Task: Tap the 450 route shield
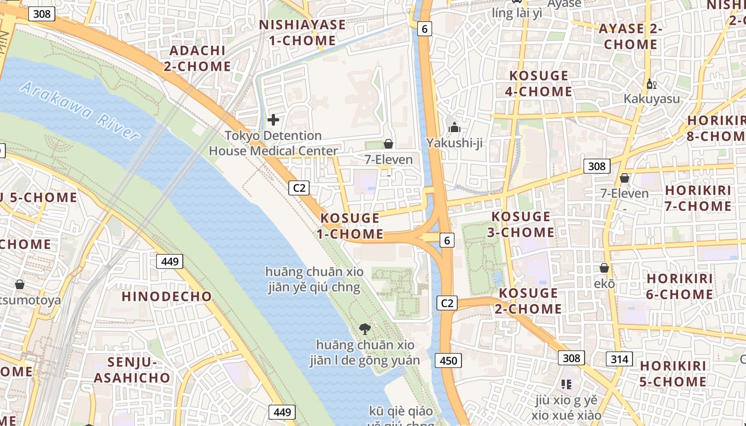(x=448, y=361)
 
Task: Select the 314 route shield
(x=619, y=359)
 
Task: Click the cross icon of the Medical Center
(x=273, y=120)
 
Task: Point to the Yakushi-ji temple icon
(x=454, y=127)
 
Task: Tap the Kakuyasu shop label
(x=652, y=99)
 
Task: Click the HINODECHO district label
(x=167, y=297)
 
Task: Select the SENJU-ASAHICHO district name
(x=132, y=370)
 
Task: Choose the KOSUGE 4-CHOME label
(x=538, y=84)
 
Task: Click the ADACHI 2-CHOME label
(x=198, y=58)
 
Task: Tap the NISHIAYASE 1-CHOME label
(x=302, y=32)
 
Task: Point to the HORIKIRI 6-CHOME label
(x=679, y=286)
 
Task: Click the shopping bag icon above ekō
(x=604, y=268)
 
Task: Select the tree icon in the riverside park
(x=365, y=329)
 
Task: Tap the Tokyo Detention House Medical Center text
(x=273, y=143)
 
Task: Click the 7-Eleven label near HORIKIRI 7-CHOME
(x=625, y=193)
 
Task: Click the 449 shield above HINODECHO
(x=170, y=261)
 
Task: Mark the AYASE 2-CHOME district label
(x=630, y=36)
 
